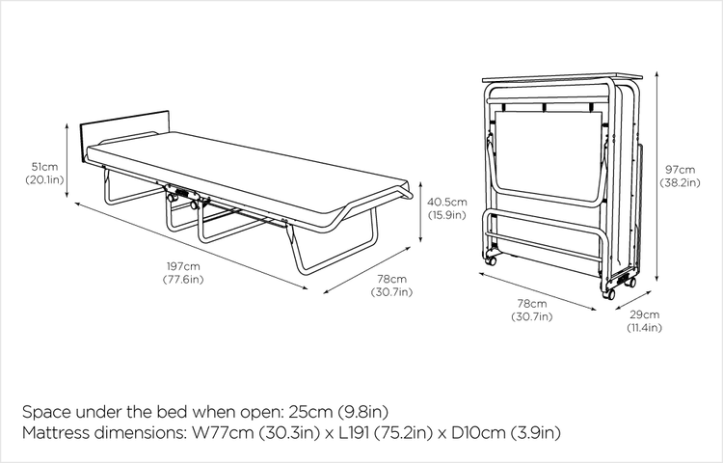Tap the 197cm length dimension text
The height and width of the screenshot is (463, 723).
click(182, 265)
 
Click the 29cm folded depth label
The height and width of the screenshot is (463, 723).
click(645, 314)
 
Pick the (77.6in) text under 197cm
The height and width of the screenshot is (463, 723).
click(182, 280)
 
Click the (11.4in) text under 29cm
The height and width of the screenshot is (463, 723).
click(645, 329)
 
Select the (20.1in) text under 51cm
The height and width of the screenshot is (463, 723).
click(44, 180)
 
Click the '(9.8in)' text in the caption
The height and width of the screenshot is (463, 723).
click(361, 411)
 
